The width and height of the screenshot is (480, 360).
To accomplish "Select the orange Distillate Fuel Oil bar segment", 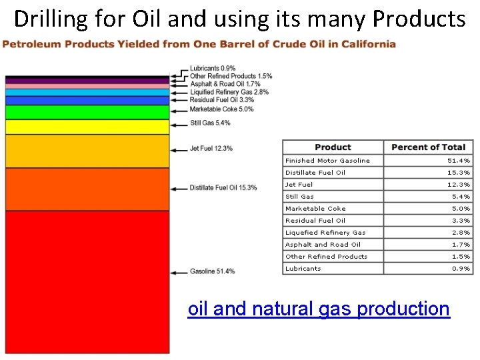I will (87, 189).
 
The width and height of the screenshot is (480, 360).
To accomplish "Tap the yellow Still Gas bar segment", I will (87, 127).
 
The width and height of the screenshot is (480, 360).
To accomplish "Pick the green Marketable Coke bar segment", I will (87, 112).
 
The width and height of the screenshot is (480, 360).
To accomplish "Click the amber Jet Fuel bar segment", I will (87, 151).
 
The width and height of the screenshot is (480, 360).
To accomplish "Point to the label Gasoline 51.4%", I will (212, 271).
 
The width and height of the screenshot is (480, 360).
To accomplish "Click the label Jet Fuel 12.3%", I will (211, 148).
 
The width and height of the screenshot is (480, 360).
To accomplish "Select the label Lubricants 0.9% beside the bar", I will (212, 69).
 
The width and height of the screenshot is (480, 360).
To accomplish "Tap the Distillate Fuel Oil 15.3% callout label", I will (223, 188).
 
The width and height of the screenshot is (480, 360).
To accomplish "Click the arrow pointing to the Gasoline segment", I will (179, 272).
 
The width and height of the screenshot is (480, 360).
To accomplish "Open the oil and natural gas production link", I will (319, 309).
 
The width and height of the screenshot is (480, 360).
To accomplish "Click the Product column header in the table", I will (333, 147).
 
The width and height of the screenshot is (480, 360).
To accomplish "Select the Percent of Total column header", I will (428, 147).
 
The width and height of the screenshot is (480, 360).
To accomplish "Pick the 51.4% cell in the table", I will (459, 161).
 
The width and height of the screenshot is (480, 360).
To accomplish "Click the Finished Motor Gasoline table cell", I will (327, 161).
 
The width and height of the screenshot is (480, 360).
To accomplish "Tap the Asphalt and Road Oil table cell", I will (323, 245).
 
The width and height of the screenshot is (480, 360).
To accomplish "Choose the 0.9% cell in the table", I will (461, 269).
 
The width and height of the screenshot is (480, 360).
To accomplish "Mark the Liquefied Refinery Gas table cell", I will (325, 233).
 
